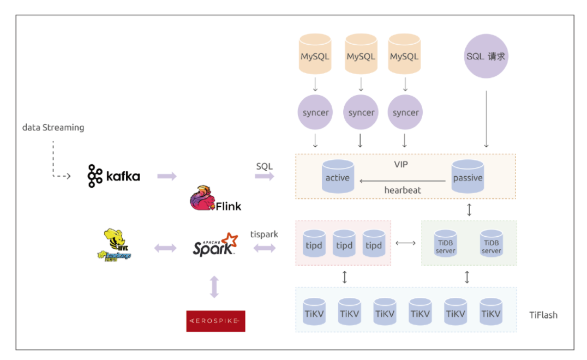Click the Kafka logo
(113, 176)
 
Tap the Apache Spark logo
(215, 245)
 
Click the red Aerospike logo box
(215, 321)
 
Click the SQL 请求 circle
(486, 57)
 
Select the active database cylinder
(338, 177)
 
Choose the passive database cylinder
(468, 177)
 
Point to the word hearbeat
(403, 190)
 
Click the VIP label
(402, 164)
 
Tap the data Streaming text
(53, 128)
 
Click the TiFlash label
(543, 315)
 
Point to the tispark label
(264, 234)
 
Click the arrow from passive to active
(402, 181)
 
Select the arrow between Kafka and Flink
(167, 176)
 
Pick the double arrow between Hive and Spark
(165, 248)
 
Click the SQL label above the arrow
(265, 166)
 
